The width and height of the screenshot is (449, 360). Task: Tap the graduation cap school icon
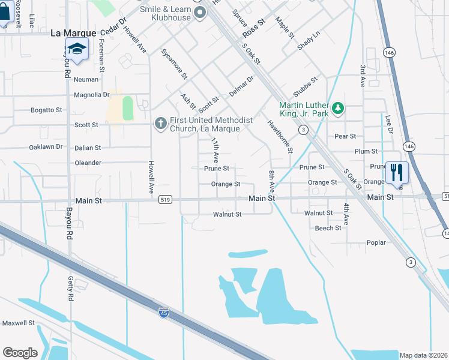click(x=77, y=49)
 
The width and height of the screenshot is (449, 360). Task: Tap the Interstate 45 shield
click(x=164, y=313)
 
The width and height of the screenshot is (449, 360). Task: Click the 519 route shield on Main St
click(x=166, y=199)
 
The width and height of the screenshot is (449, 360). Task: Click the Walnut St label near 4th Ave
click(x=319, y=213)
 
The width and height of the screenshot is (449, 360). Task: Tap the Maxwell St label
click(x=18, y=323)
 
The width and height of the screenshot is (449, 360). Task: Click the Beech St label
click(x=328, y=228)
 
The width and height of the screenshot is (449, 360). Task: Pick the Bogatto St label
click(x=46, y=110)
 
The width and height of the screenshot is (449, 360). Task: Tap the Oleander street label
click(x=88, y=163)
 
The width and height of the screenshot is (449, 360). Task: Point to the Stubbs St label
click(x=306, y=88)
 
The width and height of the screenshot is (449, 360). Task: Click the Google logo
click(x=20, y=353)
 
